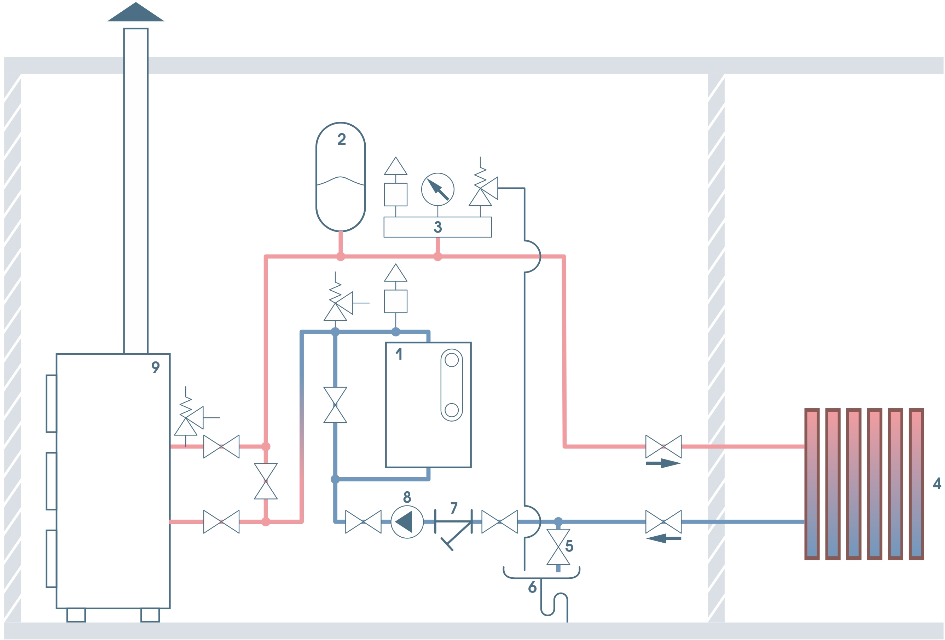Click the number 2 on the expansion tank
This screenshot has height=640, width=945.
(x=342, y=139)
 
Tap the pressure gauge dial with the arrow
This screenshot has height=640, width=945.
(x=437, y=190)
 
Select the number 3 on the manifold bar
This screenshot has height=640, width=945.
(x=437, y=227)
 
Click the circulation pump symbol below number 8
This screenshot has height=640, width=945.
(x=407, y=522)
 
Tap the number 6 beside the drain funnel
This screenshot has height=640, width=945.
(x=532, y=587)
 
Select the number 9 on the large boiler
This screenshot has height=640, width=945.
(x=155, y=367)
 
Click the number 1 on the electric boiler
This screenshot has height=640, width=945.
(x=399, y=354)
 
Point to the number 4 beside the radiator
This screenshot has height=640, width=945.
(x=937, y=483)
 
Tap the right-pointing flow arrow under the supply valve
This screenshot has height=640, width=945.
(x=663, y=463)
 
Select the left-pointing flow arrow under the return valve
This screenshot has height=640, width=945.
(x=663, y=538)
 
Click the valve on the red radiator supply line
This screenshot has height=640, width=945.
(x=663, y=447)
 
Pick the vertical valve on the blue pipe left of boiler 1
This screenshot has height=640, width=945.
(x=335, y=405)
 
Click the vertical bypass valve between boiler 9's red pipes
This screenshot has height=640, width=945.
(x=266, y=481)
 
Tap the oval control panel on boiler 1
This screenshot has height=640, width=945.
(x=451, y=385)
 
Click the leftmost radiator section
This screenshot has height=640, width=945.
(x=812, y=484)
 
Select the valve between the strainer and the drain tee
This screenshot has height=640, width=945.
(x=499, y=522)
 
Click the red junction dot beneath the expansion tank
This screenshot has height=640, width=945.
(x=341, y=257)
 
